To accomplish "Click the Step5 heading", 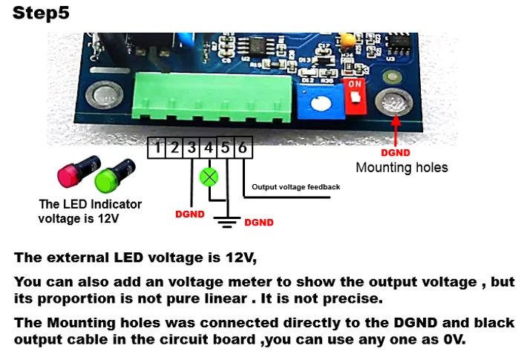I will [41, 13].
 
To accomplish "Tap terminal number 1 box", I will [157, 148].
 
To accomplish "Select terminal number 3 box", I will [191, 148].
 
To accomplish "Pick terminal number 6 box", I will [243, 148].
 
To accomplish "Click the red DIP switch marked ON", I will [355, 96].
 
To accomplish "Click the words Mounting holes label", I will [402, 167].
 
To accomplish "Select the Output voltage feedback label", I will [295, 187].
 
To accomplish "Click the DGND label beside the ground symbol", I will [258, 222].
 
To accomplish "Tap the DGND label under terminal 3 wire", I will [191, 215].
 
